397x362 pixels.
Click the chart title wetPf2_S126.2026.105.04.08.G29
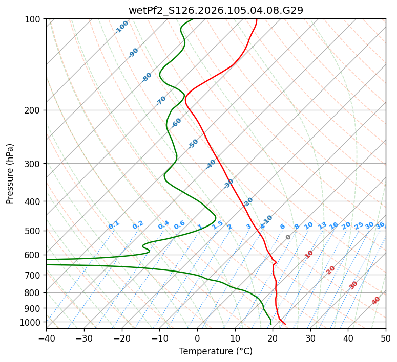(216, 10)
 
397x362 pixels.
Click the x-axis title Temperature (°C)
(216, 352)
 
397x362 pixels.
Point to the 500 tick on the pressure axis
(34, 231)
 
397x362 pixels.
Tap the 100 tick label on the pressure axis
(34, 19)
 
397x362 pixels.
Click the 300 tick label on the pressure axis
(34, 164)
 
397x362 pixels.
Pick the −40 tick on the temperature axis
(46, 338)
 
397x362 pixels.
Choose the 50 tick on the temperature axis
(386, 338)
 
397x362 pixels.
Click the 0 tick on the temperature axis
(197, 338)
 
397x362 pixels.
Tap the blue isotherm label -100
(122, 27)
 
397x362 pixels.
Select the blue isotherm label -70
(161, 101)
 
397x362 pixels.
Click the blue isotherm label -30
(228, 184)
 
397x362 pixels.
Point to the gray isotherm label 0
(288, 237)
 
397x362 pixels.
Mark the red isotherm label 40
(376, 301)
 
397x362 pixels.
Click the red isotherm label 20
(331, 269)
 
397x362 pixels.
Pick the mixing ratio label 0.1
(114, 224)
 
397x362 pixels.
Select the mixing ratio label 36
(380, 225)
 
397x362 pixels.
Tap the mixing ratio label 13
(322, 225)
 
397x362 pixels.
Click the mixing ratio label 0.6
(179, 225)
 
